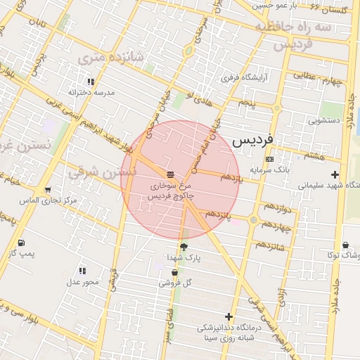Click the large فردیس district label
(261, 139)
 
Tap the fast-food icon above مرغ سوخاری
(171, 174)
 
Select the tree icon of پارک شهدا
(184, 247)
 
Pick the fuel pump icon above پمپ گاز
(20, 243)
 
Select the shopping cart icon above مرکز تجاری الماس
(47, 190)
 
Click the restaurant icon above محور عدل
(82, 271)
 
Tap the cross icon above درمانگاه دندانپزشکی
(228, 317)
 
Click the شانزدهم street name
(270, 245)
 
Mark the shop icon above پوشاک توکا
(346, 245)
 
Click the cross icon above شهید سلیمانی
(335, 175)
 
